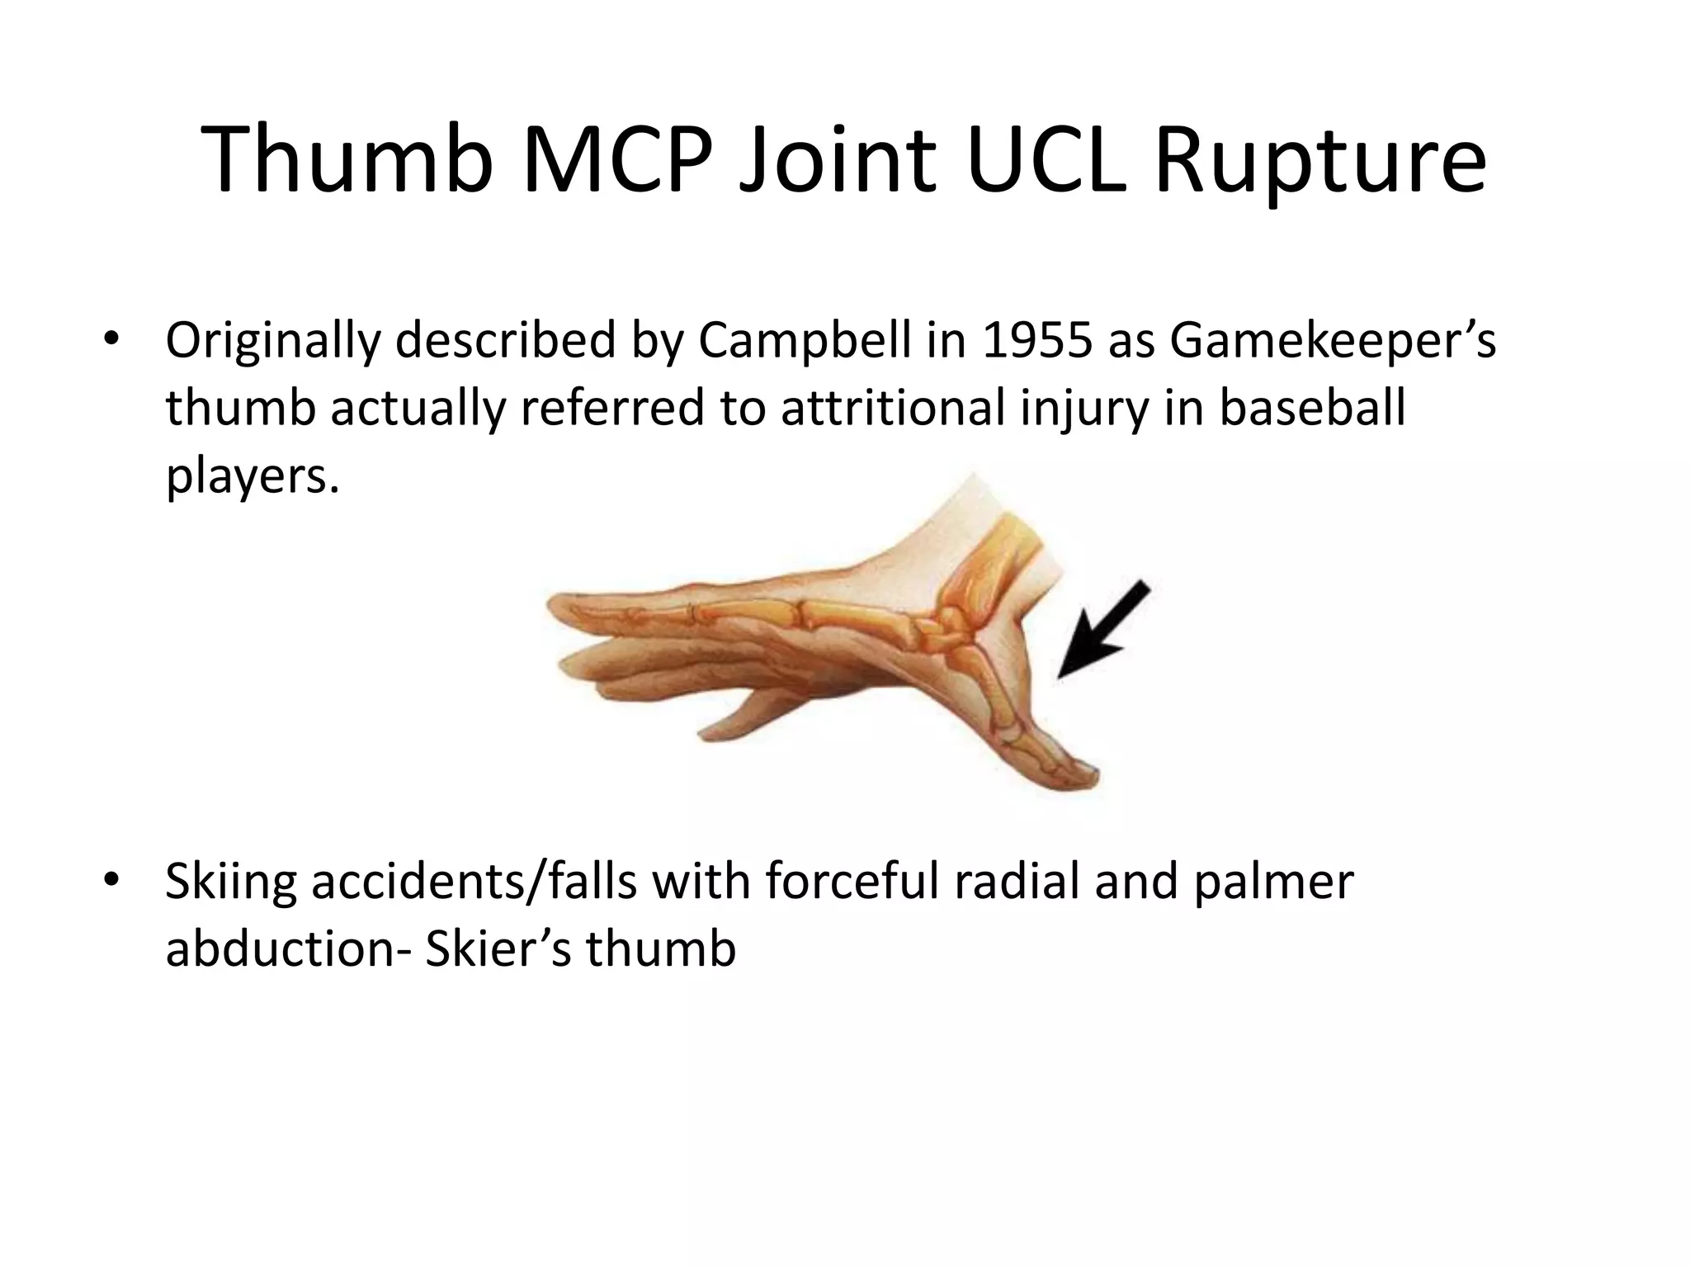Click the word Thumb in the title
coord(347,158)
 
